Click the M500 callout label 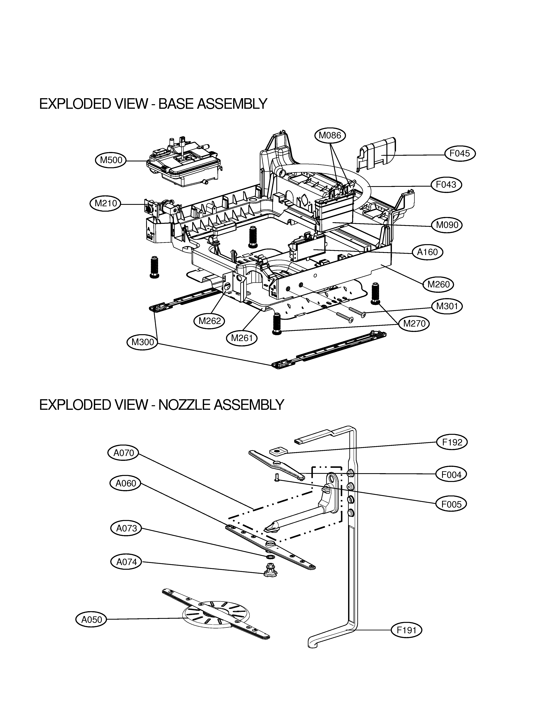(x=111, y=160)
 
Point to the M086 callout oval (x=330, y=135)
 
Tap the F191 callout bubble (x=406, y=630)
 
